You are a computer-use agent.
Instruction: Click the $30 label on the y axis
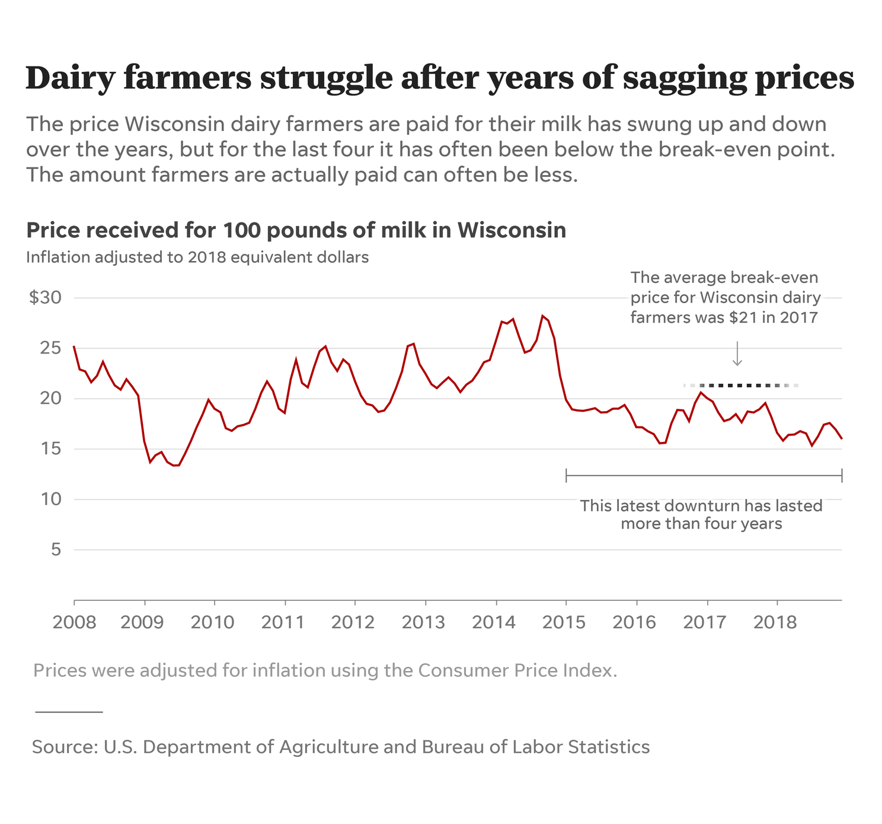pyautogui.click(x=45, y=297)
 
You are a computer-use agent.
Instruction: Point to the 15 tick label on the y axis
pyautogui.click(x=50, y=448)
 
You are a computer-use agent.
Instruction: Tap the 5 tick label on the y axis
pyautogui.click(x=56, y=549)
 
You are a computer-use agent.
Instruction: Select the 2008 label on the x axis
pyautogui.click(x=74, y=622)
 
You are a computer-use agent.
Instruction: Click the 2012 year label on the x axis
pyautogui.click(x=353, y=622)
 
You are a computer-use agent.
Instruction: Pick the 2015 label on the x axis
pyautogui.click(x=564, y=622)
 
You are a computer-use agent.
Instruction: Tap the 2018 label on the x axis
pyautogui.click(x=775, y=622)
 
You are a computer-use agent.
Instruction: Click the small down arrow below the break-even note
pyautogui.click(x=737, y=354)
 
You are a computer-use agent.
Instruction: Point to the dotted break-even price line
pyautogui.click(x=741, y=386)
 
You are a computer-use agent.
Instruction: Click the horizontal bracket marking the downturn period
pyautogui.click(x=704, y=475)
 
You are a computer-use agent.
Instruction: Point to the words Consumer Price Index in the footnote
pyautogui.click(x=515, y=670)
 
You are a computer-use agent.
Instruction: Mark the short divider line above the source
pyautogui.click(x=69, y=711)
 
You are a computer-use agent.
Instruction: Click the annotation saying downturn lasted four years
pyautogui.click(x=701, y=514)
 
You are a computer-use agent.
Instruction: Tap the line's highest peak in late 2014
pyautogui.click(x=542, y=316)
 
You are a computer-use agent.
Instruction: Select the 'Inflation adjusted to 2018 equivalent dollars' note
pyautogui.click(x=197, y=257)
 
